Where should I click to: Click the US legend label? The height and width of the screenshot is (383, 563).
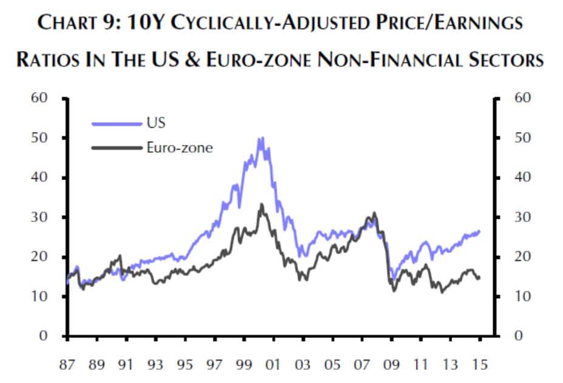pyautogui.click(x=155, y=123)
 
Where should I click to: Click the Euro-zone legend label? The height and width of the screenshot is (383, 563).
pyautogui.click(x=180, y=147)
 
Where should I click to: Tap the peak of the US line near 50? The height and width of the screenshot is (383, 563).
pyautogui.click(x=261, y=138)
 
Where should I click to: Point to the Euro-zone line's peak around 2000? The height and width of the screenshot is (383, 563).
pyautogui.click(x=262, y=204)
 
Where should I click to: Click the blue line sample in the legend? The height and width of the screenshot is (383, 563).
pyautogui.click(x=116, y=123)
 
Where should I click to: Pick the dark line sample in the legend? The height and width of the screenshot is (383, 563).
pyautogui.click(x=116, y=147)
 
